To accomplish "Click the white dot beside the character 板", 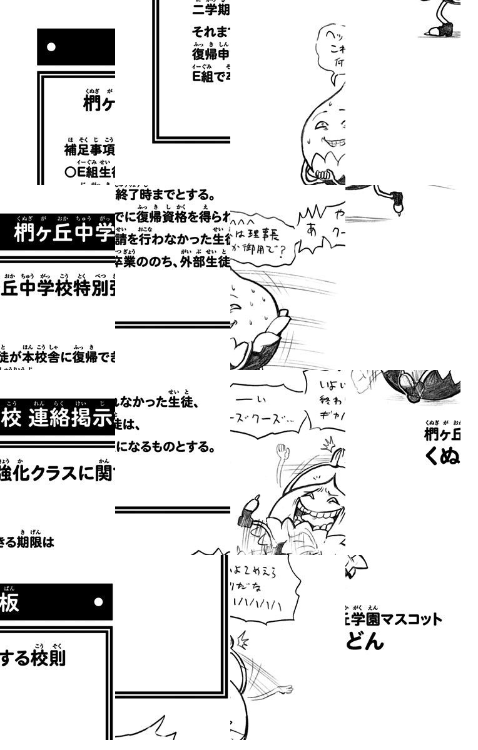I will tap(98, 602).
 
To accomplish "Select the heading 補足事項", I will tap(89, 150).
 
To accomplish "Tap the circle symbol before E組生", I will tap(70, 172).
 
